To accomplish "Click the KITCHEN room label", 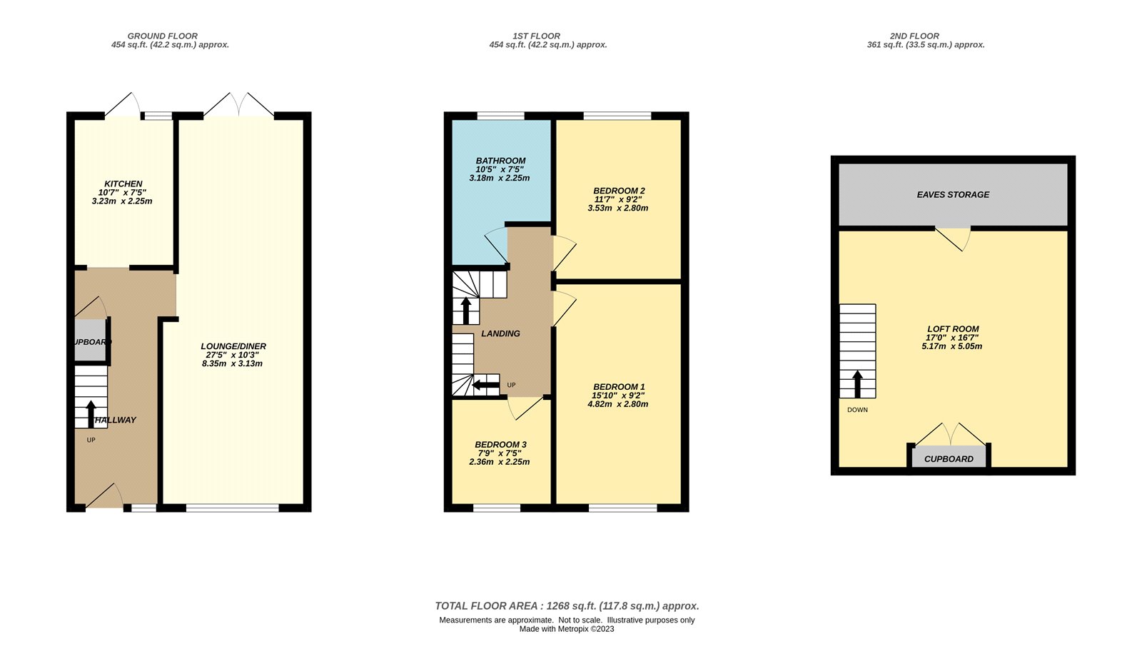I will pos(123,183).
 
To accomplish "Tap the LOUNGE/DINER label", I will pos(233,346).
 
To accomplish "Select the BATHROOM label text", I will pos(500,161).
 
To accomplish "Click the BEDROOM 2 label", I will pos(619,191).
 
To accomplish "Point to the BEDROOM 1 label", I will pos(619,387).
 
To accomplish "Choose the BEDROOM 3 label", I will pos(500,445).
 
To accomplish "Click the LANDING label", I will pos(500,333).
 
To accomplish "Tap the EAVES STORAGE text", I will pos(953,194).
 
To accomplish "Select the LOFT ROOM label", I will pos(952,329).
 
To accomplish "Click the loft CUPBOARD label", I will pos(949,459).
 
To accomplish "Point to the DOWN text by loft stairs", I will pos(857,410).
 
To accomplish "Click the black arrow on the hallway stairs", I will pos(91,413).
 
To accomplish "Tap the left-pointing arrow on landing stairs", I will pos(486,386).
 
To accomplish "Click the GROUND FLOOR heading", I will pos(162,36).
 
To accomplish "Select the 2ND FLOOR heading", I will pos(914,36).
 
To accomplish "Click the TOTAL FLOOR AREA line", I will pos(567,606).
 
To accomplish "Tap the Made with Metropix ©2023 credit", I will pos(566,629).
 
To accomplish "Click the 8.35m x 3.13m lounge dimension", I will pos(232,363).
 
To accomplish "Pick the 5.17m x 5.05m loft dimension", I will pos(951,346).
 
